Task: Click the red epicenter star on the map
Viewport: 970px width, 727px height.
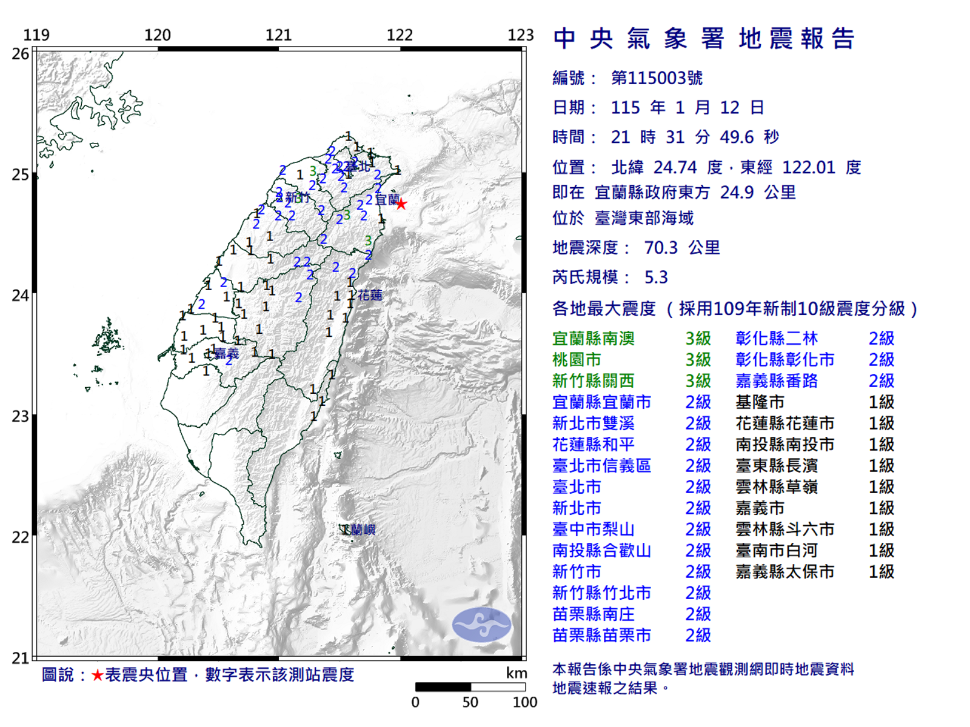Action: (x=401, y=204)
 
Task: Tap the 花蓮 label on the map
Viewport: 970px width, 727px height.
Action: (x=370, y=295)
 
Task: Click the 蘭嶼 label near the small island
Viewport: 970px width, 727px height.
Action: (x=362, y=530)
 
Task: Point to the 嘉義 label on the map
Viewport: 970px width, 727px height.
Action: (x=227, y=353)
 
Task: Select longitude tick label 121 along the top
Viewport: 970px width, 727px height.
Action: (x=278, y=35)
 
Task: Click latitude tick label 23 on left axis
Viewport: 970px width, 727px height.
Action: (x=21, y=416)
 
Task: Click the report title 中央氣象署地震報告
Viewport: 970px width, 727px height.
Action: (x=703, y=39)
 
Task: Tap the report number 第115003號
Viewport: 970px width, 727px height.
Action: (x=657, y=78)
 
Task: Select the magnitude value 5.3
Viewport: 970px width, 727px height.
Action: (x=656, y=277)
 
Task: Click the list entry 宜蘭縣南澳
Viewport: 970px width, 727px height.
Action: (x=593, y=339)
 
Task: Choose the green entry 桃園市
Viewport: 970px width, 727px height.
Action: (x=577, y=360)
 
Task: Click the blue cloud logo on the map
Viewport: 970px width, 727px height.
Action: (x=482, y=625)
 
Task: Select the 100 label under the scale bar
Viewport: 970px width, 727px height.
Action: (x=524, y=702)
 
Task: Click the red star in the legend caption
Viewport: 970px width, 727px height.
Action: (x=97, y=675)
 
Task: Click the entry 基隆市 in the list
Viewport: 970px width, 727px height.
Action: (x=760, y=402)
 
